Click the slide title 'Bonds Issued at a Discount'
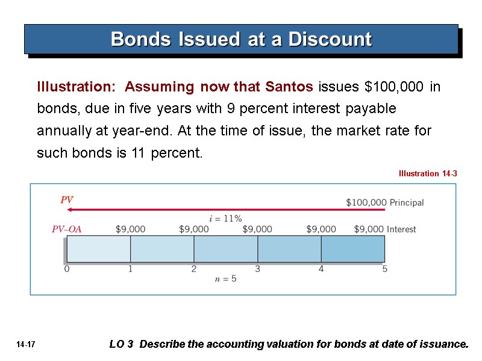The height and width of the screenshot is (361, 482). click(x=241, y=40)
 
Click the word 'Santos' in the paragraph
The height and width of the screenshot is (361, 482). click(x=288, y=87)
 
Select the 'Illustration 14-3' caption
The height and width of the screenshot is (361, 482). click(x=427, y=174)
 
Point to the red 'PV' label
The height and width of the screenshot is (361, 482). click(x=67, y=200)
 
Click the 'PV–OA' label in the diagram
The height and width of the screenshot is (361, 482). click(x=66, y=229)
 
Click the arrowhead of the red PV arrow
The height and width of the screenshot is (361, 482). click(x=70, y=210)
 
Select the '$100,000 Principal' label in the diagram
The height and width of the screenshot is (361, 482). click(x=384, y=203)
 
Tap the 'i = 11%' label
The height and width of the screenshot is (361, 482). click(x=225, y=218)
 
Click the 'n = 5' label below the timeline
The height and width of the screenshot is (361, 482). click(x=225, y=279)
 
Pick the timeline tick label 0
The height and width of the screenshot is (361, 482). click(x=66, y=270)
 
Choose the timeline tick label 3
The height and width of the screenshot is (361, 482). click(x=257, y=270)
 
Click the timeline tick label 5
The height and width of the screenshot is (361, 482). click(x=384, y=270)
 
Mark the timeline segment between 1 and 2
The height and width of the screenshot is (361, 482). click(x=162, y=248)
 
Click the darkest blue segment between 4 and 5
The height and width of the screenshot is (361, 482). click(x=352, y=248)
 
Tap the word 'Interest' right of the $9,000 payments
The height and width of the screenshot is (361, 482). click(x=401, y=229)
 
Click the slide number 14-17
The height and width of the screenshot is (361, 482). click(x=26, y=345)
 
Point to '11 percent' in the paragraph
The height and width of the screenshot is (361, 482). click(x=167, y=153)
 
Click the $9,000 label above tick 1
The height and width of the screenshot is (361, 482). click(x=130, y=229)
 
